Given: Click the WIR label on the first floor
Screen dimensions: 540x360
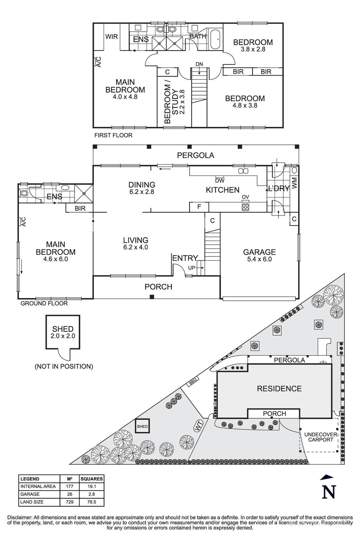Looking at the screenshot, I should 112,36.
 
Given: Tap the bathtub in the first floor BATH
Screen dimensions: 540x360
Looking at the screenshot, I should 215,39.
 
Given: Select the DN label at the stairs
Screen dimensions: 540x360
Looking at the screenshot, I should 199,64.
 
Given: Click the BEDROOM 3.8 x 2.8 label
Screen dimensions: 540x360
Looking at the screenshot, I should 253,45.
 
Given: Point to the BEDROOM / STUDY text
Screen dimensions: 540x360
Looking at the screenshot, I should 171,102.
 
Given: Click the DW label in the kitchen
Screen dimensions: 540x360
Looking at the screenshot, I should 220,181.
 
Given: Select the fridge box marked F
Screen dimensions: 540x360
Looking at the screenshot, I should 199,207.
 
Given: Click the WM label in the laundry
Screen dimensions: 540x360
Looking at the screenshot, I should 295,183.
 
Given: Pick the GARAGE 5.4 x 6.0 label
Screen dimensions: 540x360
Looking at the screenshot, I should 259,255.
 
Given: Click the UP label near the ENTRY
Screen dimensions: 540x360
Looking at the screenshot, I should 191,267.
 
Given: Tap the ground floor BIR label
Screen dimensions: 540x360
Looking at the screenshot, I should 80,209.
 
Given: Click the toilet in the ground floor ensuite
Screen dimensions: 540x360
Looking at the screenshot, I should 23,193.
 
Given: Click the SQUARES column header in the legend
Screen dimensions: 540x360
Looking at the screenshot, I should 91,479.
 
